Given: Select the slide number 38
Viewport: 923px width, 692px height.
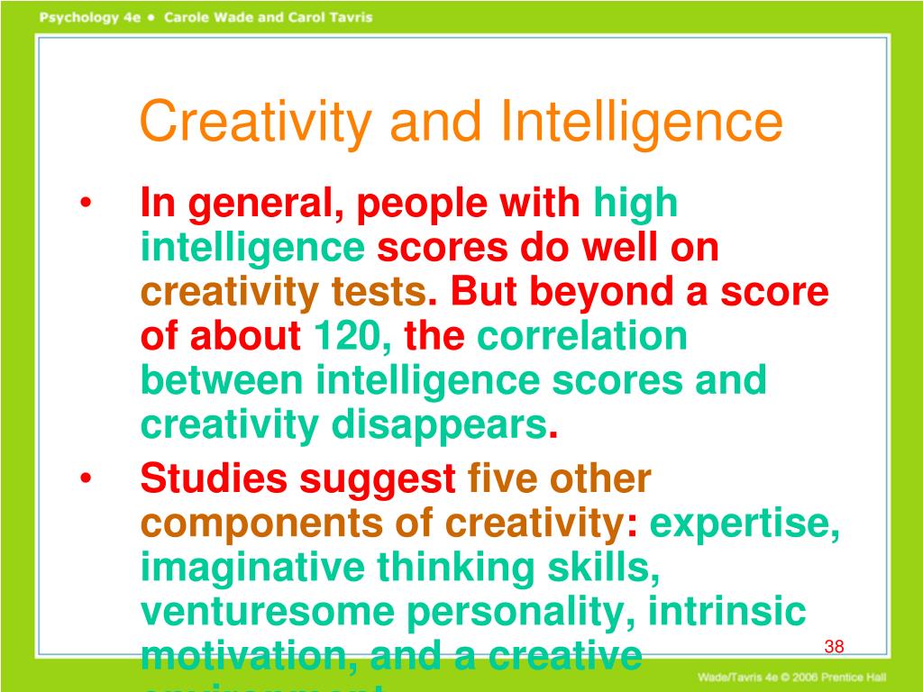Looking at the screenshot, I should tap(834, 647).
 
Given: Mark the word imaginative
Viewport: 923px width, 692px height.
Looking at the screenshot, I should tap(253, 568).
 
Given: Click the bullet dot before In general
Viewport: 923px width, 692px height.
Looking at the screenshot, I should tap(86, 205).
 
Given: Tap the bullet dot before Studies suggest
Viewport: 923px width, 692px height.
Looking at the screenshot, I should tap(86, 479).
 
